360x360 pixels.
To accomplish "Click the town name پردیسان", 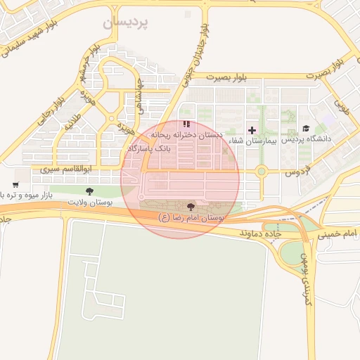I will click(x=127, y=22).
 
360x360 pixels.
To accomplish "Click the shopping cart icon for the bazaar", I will click(x=15, y=185).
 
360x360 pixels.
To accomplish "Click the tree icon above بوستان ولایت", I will click(x=89, y=191).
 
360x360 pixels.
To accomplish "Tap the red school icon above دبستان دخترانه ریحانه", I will click(x=186, y=124).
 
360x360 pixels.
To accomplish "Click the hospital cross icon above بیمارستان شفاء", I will click(x=252, y=130).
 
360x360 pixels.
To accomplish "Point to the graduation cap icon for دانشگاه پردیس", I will click(x=306, y=128).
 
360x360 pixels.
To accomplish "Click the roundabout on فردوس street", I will click(x=262, y=171).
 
